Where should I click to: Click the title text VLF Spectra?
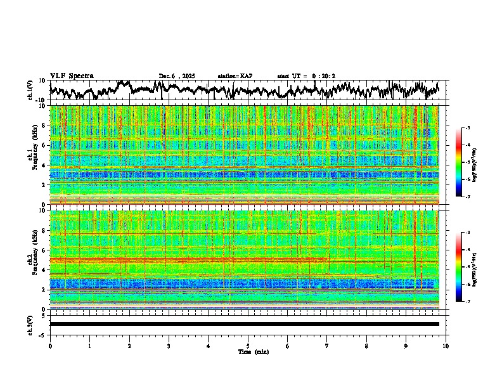[72, 76]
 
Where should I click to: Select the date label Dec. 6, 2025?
[178, 76]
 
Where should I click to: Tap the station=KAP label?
[235, 76]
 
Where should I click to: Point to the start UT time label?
[306, 76]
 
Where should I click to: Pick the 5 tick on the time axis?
[248, 346]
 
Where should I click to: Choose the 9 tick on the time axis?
[406, 346]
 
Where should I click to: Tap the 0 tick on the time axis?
[50, 346]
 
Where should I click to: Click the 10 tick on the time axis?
[446, 346]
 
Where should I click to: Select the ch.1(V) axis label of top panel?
[31, 91]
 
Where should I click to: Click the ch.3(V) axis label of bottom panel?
[31, 324]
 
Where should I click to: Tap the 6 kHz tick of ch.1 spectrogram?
[45, 145]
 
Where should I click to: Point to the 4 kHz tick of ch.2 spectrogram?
[45, 269]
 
